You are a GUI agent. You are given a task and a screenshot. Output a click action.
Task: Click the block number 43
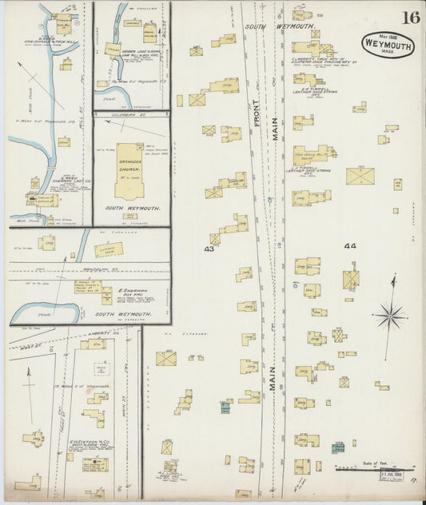pos(210,249)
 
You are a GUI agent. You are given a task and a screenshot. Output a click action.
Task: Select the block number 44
pos(349,247)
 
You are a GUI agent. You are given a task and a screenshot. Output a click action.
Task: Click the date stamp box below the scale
pos(390,478)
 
